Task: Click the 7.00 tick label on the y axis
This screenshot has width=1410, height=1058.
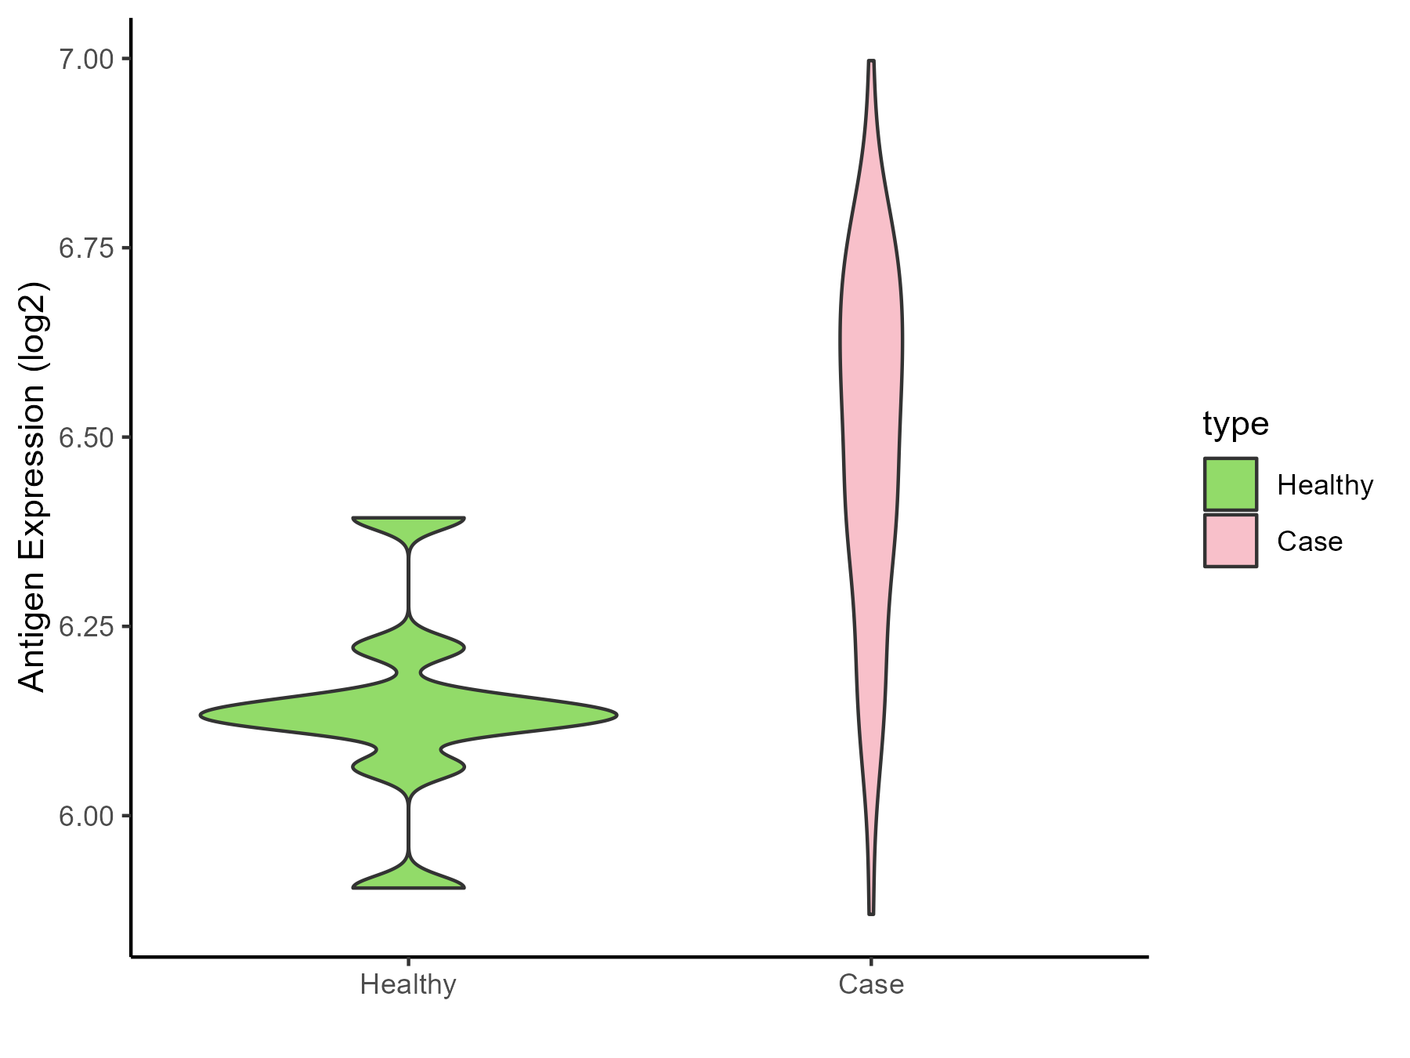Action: [86, 60]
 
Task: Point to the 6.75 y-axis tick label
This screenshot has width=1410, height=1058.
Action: [86, 248]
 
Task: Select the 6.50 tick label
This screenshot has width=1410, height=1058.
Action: [86, 437]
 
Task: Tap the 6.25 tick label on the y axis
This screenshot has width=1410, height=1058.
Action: [86, 627]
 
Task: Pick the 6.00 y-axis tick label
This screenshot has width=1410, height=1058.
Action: [86, 816]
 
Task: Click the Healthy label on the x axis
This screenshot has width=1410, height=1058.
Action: [408, 984]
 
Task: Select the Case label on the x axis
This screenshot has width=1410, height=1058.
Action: [871, 984]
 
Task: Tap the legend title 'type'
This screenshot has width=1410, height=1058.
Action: [1235, 425]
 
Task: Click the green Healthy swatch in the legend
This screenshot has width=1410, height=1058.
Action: [1231, 484]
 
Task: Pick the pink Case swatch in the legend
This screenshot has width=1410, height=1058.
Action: [1231, 541]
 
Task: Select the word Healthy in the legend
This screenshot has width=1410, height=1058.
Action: [1325, 485]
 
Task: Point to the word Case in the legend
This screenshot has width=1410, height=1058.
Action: [1310, 542]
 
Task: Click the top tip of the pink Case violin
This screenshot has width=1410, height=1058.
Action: [871, 60]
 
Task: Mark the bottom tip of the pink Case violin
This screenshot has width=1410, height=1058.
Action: [871, 914]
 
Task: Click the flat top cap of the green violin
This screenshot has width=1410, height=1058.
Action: [409, 518]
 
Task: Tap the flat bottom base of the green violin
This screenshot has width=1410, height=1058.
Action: [409, 887]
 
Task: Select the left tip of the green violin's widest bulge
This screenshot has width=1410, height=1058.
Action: [201, 715]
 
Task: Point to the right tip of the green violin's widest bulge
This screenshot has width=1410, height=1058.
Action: [617, 715]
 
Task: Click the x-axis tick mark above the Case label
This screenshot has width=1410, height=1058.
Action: [871, 961]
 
